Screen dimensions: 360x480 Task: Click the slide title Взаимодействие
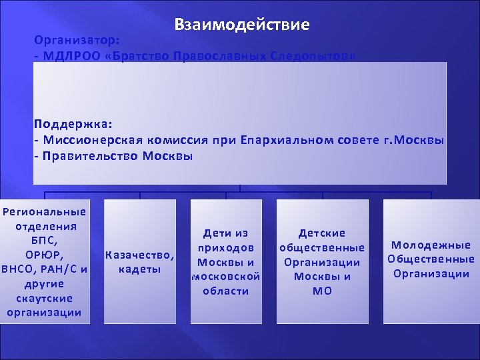click(241, 25)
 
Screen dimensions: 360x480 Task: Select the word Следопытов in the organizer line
click(313, 55)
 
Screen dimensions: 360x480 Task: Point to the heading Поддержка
click(73, 124)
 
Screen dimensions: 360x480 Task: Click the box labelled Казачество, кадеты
click(140, 261)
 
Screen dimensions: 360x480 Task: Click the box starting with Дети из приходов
click(226, 261)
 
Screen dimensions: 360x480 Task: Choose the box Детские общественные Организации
click(322, 261)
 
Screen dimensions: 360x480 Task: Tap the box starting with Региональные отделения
click(45, 261)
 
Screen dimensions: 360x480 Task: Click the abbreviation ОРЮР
click(44, 255)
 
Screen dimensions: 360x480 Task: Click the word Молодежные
click(431, 245)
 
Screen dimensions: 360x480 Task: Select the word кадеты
click(140, 269)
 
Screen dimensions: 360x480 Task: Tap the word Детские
click(322, 233)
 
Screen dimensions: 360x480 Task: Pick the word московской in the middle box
click(226, 276)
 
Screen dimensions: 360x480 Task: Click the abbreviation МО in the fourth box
click(322, 291)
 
